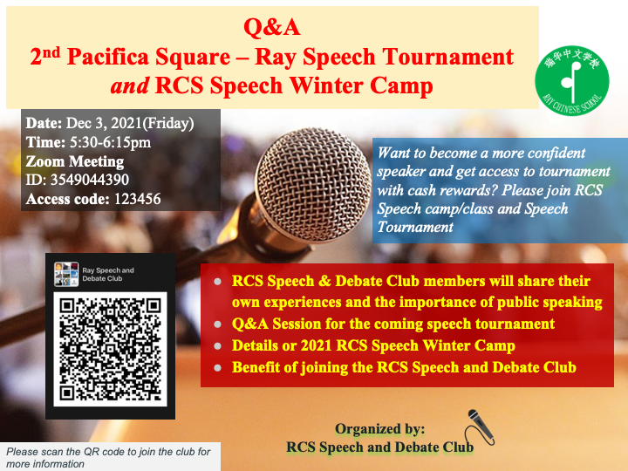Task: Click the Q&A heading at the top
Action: pyautogui.click(x=272, y=28)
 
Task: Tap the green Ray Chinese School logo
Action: pyautogui.click(x=572, y=80)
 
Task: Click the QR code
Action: pyautogui.click(x=110, y=349)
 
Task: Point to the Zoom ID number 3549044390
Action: pyautogui.click(x=90, y=180)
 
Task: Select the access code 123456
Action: pyautogui.click(x=138, y=199)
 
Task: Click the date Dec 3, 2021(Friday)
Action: pyautogui.click(x=130, y=123)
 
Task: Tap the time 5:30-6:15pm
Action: pyautogui.click(x=111, y=142)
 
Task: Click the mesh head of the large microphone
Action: pyautogui.click(x=313, y=184)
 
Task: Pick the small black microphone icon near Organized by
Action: pyautogui.click(x=481, y=427)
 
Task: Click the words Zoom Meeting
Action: pyautogui.click(x=75, y=161)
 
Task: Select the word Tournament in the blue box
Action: pyautogui.click(x=415, y=227)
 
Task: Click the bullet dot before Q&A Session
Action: pyautogui.click(x=217, y=324)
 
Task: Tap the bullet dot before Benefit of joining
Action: pyautogui.click(x=217, y=367)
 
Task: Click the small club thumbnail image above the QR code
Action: pyautogui.click(x=66, y=275)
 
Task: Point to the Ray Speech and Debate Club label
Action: pyautogui.click(x=108, y=275)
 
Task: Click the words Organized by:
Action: pyautogui.click(x=379, y=429)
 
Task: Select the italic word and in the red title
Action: pyautogui.click(x=129, y=85)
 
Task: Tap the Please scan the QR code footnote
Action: pyautogui.click(x=108, y=457)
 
